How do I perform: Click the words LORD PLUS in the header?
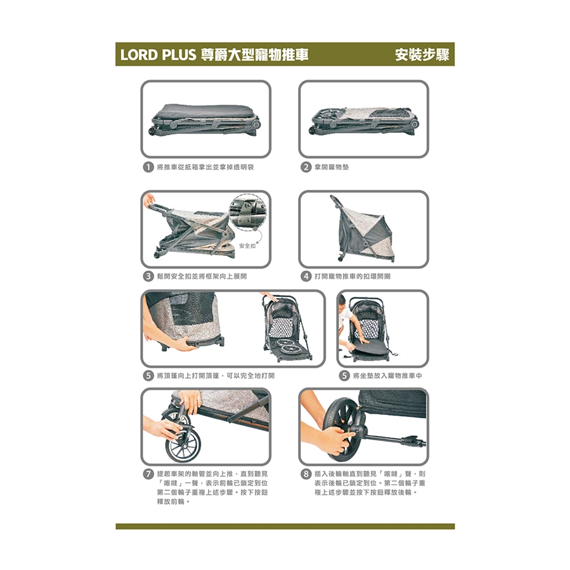(x=158, y=55)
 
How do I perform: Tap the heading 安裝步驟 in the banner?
(x=422, y=55)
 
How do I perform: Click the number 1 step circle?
(x=148, y=167)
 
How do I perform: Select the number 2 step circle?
(x=306, y=167)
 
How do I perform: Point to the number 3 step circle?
(x=148, y=276)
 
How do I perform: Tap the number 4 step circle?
(x=306, y=276)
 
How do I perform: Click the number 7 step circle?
(x=148, y=474)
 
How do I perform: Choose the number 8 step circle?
(x=306, y=474)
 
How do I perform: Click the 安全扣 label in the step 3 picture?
(x=247, y=246)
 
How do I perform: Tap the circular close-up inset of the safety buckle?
(x=248, y=213)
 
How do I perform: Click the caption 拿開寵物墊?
(x=331, y=167)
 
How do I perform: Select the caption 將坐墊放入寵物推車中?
(x=388, y=375)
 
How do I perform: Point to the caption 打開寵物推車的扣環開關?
(x=353, y=276)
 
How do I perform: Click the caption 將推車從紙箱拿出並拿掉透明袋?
(x=205, y=167)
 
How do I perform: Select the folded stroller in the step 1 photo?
(x=205, y=119)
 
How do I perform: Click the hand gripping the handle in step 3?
(x=149, y=200)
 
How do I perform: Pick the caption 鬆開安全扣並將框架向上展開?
(x=202, y=276)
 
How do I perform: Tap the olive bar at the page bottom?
(x=285, y=527)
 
